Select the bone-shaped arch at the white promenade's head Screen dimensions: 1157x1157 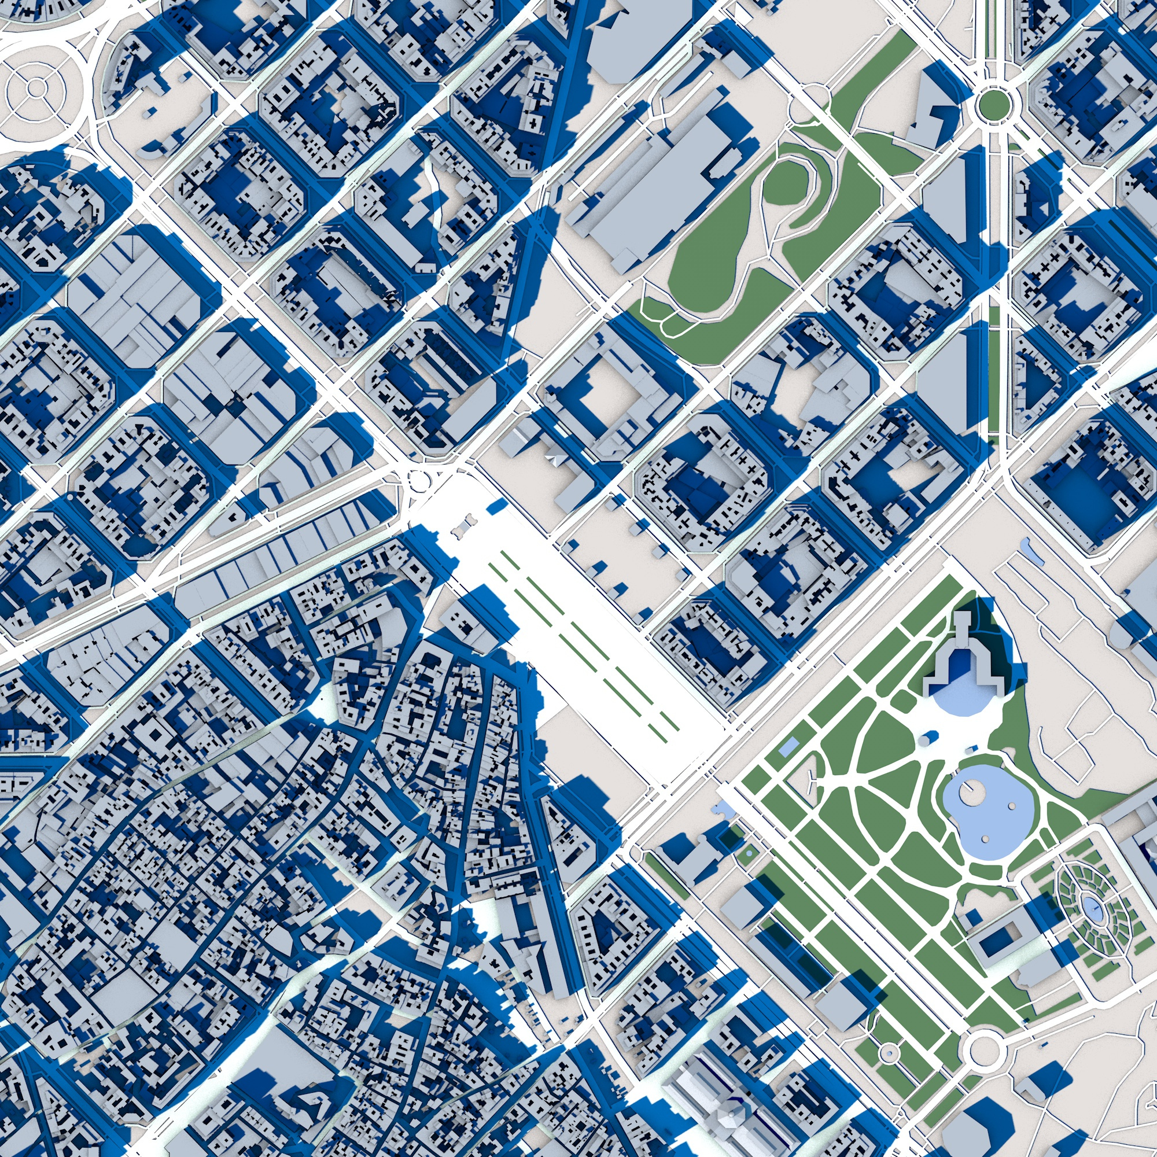coord(462,528)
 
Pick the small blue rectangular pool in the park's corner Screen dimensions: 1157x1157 coord(788,746)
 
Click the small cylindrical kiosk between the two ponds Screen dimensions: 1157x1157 coord(926,739)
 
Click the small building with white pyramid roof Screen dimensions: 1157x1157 coord(557,460)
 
